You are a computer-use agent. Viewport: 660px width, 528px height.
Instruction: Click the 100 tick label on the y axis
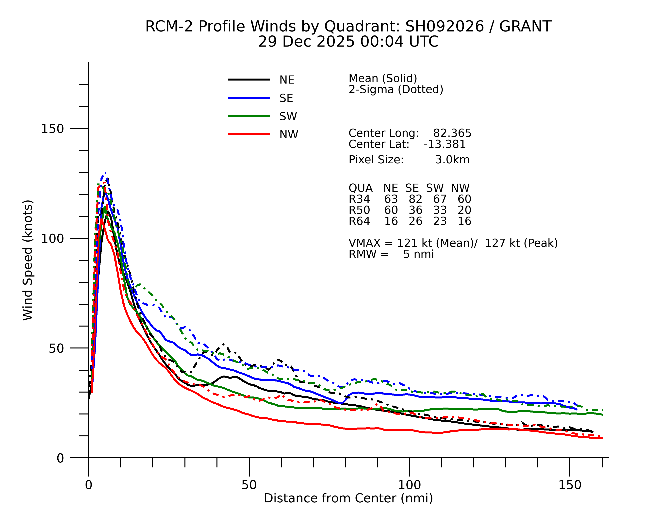[x=52, y=239]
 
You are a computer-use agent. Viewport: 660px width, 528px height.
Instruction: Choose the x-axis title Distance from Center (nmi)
[x=348, y=498]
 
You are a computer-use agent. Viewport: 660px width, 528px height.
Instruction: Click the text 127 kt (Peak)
[x=521, y=243]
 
